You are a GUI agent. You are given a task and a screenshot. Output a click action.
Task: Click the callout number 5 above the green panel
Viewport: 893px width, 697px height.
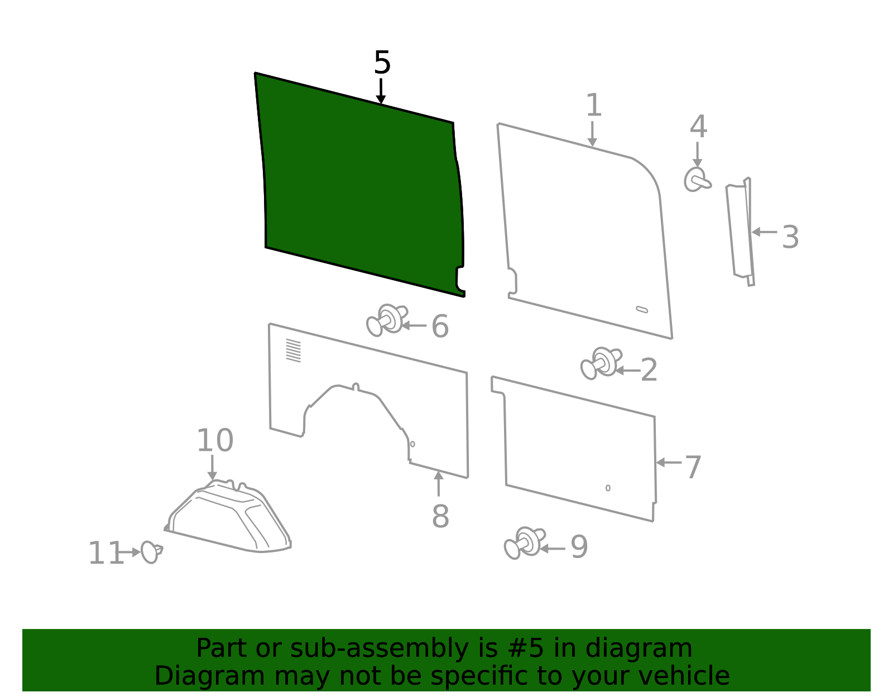click(382, 63)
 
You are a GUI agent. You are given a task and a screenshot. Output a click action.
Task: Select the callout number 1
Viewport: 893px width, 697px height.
click(593, 105)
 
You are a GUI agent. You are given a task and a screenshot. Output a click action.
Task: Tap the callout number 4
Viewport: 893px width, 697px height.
click(698, 127)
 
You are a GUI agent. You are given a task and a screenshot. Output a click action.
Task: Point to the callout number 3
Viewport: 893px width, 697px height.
click(790, 237)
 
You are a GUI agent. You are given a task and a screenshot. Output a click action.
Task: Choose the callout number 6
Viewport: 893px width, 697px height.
click(440, 326)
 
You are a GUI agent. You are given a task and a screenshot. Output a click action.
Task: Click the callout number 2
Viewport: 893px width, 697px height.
click(649, 370)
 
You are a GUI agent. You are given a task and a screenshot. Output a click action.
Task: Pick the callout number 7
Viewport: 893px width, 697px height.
click(693, 467)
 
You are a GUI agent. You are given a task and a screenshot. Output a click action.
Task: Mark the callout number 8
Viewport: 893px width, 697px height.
click(440, 516)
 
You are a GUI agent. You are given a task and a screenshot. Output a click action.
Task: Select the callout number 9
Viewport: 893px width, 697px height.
click(579, 547)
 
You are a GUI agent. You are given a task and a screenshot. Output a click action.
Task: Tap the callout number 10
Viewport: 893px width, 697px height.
click(215, 441)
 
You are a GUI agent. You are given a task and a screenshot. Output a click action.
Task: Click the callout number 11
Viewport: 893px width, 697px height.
click(105, 553)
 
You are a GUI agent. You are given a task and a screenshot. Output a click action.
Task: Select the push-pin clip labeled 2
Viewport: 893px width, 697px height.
click(601, 363)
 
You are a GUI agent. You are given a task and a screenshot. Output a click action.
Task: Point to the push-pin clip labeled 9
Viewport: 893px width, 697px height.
click(525, 543)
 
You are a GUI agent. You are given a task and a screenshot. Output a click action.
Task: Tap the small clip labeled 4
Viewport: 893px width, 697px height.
click(697, 180)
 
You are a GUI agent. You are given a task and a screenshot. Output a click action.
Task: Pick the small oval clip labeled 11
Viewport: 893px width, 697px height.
click(151, 552)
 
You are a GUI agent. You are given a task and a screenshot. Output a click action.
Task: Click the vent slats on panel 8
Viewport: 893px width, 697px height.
click(294, 351)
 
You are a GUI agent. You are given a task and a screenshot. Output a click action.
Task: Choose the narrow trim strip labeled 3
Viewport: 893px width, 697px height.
click(740, 231)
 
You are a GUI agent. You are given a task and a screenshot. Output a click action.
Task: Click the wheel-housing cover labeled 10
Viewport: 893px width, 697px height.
click(228, 517)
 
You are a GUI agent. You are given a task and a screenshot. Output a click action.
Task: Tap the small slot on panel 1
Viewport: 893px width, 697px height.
click(642, 310)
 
